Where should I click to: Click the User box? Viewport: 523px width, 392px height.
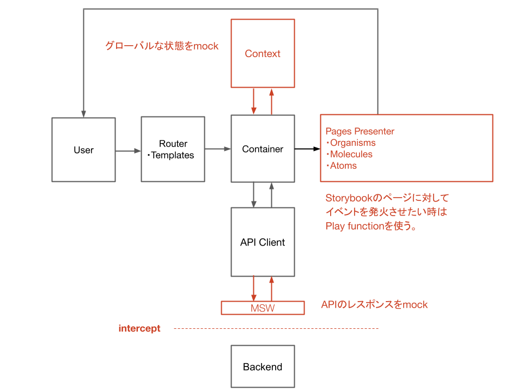(x=83, y=150)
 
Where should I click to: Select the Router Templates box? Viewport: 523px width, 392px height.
(x=173, y=150)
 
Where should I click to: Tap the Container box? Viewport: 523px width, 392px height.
(x=263, y=149)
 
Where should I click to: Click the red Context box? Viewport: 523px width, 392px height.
(x=263, y=53)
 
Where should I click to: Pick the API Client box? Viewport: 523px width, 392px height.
(x=263, y=242)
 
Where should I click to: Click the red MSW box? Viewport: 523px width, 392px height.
(x=263, y=308)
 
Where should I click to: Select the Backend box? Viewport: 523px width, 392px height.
(x=263, y=367)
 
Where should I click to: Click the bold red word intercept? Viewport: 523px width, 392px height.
(x=139, y=328)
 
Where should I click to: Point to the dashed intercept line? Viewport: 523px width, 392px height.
(x=276, y=328)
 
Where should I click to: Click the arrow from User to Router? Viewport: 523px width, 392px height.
(x=128, y=150)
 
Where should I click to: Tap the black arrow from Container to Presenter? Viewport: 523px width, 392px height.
(x=307, y=148)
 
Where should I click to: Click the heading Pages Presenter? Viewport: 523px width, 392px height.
(x=360, y=131)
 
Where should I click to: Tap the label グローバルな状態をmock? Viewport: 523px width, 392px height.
(x=162, y=46)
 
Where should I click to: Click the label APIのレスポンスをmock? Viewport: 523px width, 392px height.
(x=374, y=304)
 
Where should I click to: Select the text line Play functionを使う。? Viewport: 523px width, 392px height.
(x=371, y=226)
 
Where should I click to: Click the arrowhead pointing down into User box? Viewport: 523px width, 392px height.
(x=83, y=113)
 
